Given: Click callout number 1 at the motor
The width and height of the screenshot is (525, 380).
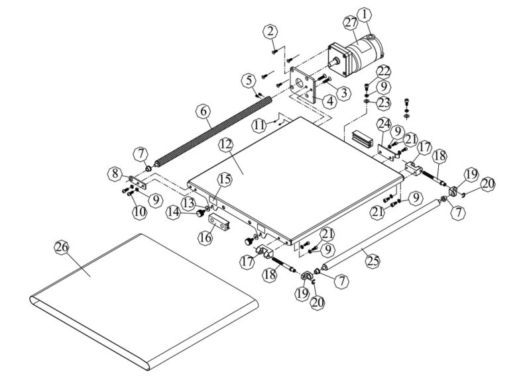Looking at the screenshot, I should click(x=364, y=13).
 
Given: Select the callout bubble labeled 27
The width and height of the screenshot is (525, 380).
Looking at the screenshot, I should click(x=350, y=23).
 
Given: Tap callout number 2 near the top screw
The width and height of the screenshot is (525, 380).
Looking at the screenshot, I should click(x=270, y=30).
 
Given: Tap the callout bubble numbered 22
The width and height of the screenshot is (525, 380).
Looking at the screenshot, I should click(x=384, y=71).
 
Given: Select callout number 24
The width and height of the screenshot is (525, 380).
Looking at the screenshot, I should click(x=384, y=123).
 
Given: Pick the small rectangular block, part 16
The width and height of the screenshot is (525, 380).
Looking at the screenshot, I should click(x=219, y=221).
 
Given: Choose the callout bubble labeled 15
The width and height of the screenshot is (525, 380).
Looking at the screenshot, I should click(x=224, y=179).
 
